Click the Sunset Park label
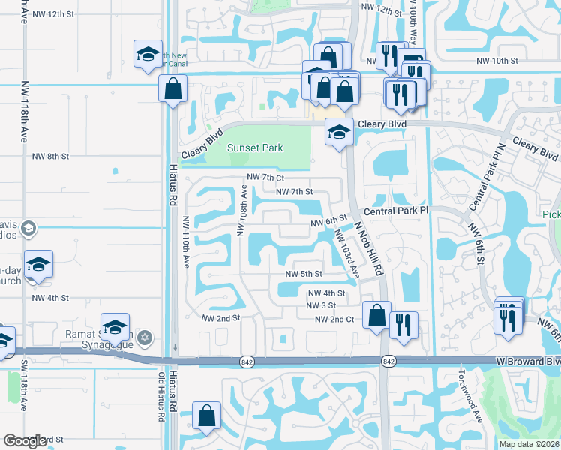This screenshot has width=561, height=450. tap(255, 148)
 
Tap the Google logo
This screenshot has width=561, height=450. tap(25, 441)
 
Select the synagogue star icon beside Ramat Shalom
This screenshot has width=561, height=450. tap(145, 337)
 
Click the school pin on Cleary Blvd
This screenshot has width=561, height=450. tap(339, 133)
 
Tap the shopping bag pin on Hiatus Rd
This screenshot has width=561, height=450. tap(173, 88)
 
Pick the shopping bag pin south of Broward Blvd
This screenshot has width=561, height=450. tap(206, 415)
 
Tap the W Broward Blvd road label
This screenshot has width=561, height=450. tap(528, 361)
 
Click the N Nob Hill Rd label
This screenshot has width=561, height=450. tap(369, 247)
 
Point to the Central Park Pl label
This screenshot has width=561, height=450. tap(396, 211)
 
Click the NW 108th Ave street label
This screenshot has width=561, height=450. tap(243, 211)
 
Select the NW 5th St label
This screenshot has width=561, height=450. tap(304, 274)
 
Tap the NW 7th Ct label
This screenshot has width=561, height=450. tap(265, 178)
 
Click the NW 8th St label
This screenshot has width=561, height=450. tap(50, 157)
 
